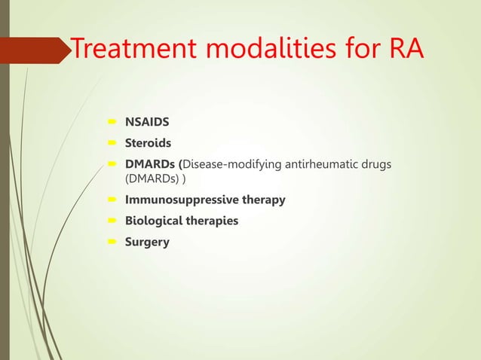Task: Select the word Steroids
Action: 148,143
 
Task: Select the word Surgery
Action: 147,243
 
